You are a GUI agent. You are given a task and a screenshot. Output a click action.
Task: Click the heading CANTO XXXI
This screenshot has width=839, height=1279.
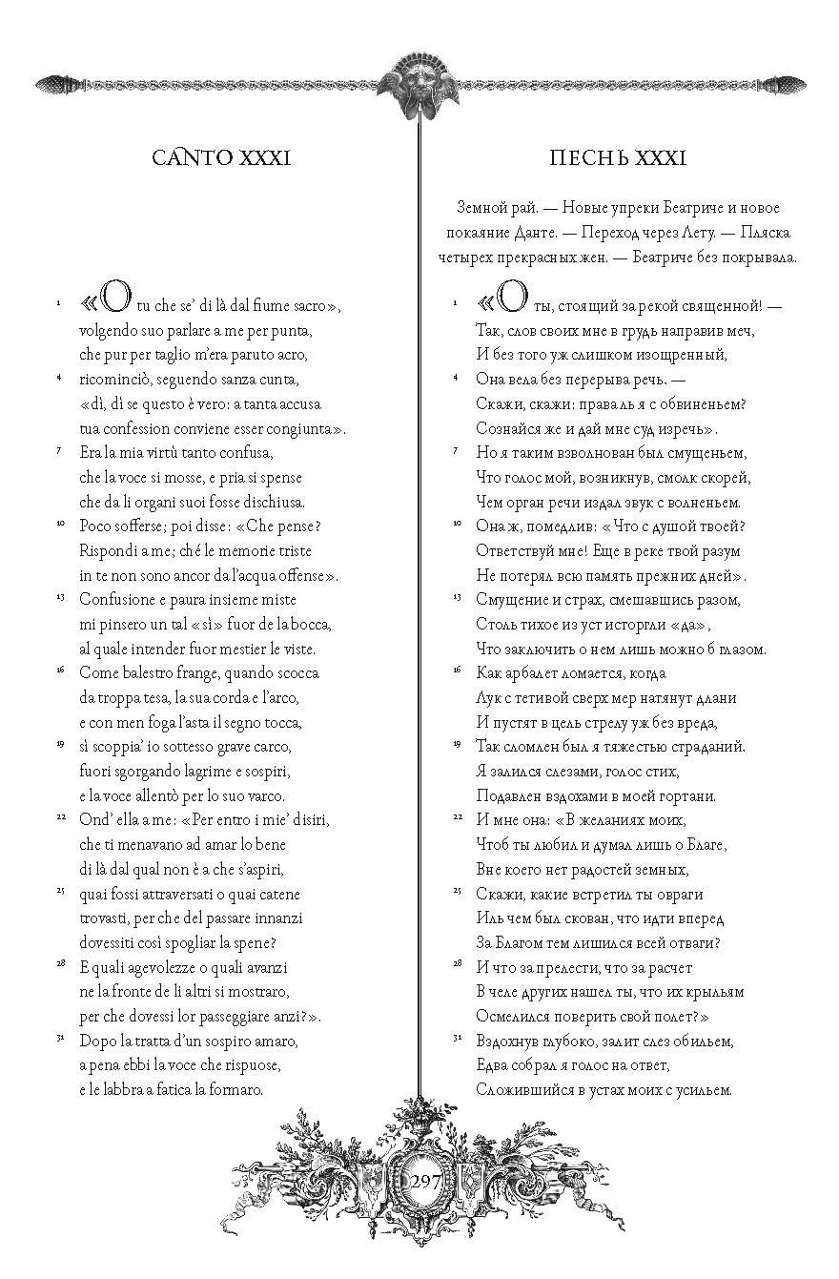point(220,157)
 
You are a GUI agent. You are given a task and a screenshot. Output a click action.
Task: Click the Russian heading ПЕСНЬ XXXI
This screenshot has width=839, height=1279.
point(619,157)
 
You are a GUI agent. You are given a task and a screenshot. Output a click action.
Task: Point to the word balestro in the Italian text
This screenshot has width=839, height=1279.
point(153,672)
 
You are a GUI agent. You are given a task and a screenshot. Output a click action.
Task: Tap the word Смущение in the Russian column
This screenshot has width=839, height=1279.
point(511,599)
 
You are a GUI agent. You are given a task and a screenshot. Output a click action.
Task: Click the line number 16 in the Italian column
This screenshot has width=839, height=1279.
point(60,670)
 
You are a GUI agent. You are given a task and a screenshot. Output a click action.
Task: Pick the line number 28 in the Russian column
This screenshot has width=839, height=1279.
point(457,964)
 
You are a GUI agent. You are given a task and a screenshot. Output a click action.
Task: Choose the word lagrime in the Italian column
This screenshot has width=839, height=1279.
point(220,771)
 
